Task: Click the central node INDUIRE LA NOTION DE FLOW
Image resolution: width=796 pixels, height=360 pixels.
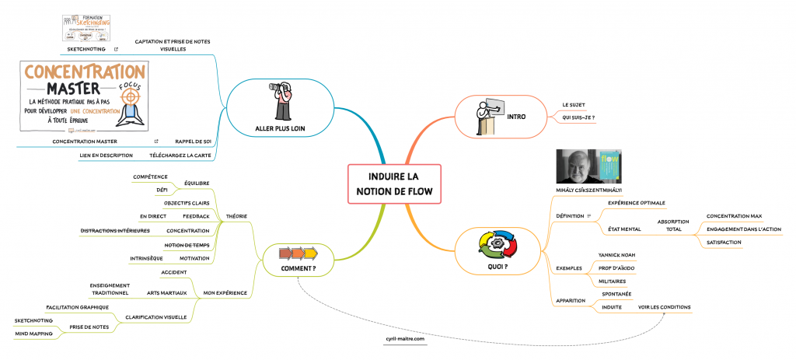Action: [393, 184]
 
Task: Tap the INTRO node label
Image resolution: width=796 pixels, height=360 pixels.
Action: [516, 117]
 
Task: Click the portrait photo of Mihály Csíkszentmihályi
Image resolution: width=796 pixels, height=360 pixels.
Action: [581, 166]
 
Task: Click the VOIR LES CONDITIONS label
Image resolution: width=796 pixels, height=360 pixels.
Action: [664, 306]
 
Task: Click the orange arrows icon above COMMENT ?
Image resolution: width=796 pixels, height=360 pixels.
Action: [298, 253]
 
